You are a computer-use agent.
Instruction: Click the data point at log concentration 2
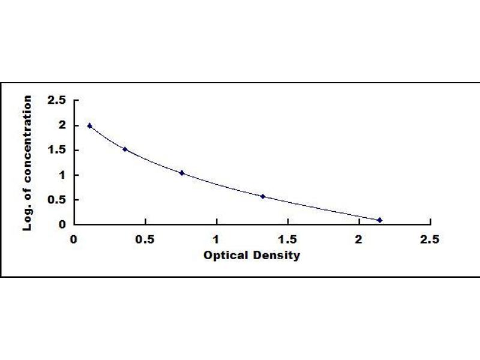pyautogui.click(x=89, y=125)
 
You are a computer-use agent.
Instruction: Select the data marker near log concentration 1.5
pyautogui.click(x=125, y=149)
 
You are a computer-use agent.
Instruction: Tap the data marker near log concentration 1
pyautogui.click(x=182, y=173)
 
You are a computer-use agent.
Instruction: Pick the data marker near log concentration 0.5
pyautogui.click(x=263, y=197)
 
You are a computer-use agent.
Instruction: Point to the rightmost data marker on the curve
pyautogui.click(x=380, y=220)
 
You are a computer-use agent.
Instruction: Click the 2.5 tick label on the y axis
pyautogui.click(x=56, y=100)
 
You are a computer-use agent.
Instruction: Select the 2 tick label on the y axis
pyautogui.click(x=63, y=125)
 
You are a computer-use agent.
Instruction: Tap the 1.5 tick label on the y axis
pyautogui.click(x=57, y=150)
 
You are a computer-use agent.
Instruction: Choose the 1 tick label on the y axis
pyautogui.click(x=63, y=175)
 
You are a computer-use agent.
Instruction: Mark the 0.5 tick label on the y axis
pyautogui.click(x=56, y=200)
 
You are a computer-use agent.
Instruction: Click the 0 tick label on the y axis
pyautogui.click(x=62, y=224)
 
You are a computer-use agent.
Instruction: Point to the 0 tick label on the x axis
pyautogui.click(x=74, y=239)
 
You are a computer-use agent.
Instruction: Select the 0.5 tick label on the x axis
pyautogui.click(x=145, y=239)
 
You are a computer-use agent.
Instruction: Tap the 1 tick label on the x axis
pyautogui.click(x=216, y=239)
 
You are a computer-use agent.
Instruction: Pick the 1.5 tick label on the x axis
pyautogui.click(x=287, y=239)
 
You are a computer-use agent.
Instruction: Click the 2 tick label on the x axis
pyautogui.click(x=358, y=239)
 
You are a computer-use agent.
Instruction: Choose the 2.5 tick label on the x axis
pyautogui.click(x=430, y=239)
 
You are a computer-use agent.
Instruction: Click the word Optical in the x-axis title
pyautogui.click(x=226, y=256)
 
